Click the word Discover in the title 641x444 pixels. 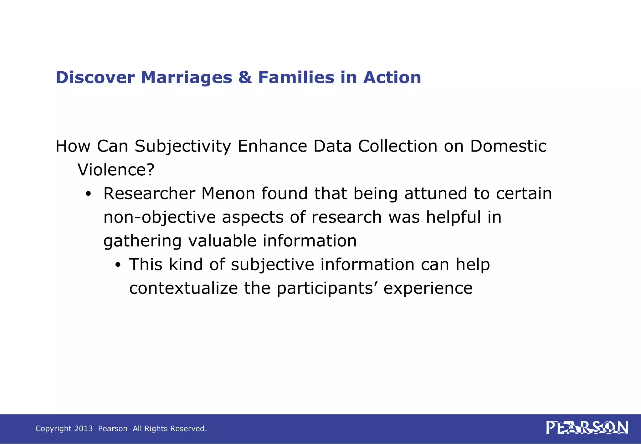click(95, 77)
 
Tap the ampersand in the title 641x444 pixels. click(245, 77)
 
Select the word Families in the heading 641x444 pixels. click(296, 77)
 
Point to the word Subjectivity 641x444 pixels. click(183, 146)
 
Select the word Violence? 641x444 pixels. click(116, 170)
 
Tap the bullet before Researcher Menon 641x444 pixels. click(88, 194)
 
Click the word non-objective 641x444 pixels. click(160, 217)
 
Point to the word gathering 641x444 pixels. click(142, 241)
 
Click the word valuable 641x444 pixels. click(222, 241)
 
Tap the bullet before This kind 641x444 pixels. click(118, 265)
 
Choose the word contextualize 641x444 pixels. click(184, 288)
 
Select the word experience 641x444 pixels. click(428, 289)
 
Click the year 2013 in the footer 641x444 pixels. click(84, 429)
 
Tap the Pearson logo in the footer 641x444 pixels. click(587, 428)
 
